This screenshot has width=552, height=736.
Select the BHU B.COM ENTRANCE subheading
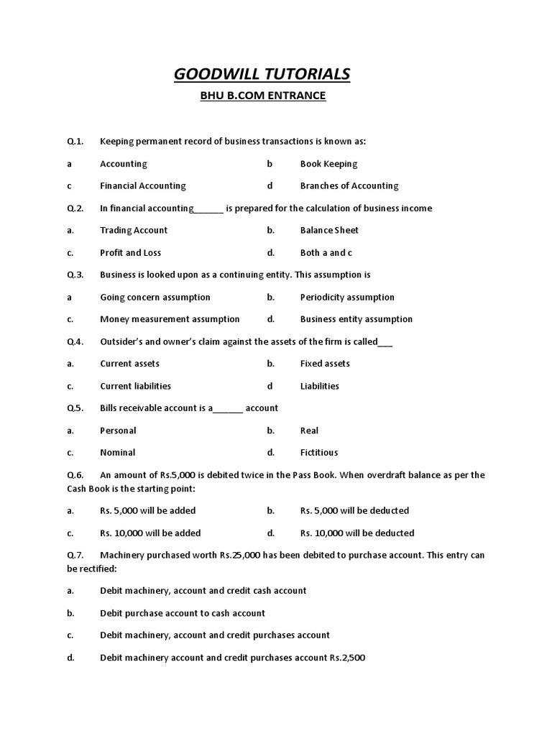[x=262, y=96]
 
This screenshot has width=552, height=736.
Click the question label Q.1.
[x=75, y=142]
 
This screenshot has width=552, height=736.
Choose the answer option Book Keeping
[x=328, y=164]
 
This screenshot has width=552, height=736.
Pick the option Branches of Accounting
[x=349, y=186]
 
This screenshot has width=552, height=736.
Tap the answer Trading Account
[x=134, y=231]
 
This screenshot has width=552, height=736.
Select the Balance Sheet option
[x=329, y=231]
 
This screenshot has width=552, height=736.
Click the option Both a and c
[x=326, y=253]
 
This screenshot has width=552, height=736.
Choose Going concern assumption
[x=155, y=298]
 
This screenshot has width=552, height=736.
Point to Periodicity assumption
[x=347, y=298]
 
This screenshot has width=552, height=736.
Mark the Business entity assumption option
[x=356, y=319]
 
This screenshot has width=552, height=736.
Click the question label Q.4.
[x=75, y=342]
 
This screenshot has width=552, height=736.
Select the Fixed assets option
[x=325, y=364]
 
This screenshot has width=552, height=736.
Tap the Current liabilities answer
[x=136, y=386]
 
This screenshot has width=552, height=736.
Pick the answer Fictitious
[x=319, y=453]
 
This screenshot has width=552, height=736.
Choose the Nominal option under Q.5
[x=118, y=453]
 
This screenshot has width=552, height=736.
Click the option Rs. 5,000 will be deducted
[x=354, y=511]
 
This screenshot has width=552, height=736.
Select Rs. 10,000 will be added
[x=150, y=533]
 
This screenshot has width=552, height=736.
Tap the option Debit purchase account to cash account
[x=183, y=613]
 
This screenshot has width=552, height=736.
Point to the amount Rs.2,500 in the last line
[x=349, y=658]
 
